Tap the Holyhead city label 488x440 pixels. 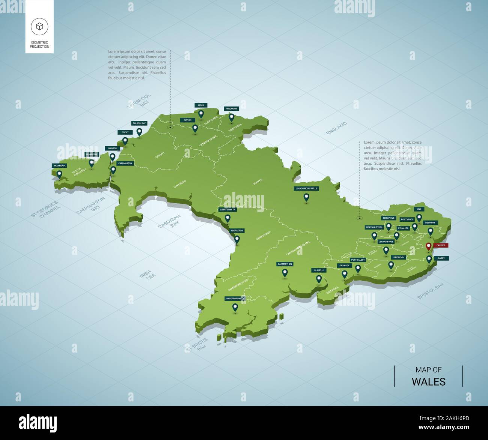point(59,165)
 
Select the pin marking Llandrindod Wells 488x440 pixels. point(306,197)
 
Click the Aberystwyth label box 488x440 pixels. point(227,210)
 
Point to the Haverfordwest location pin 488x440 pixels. point(235,307)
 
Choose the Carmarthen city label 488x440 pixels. point(285,264)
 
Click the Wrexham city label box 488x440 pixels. point(231,109)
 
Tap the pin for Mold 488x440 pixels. point(201,114)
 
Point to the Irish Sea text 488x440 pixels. point(146,275)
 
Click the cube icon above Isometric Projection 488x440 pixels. point(39,26)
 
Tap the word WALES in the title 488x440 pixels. point(428,381)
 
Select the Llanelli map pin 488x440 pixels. point(319,279)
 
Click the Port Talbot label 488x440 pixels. point(358,260)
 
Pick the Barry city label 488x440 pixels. point(441,258)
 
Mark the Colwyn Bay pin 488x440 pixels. point(139,131)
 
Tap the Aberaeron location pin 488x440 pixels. point(237,239)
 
